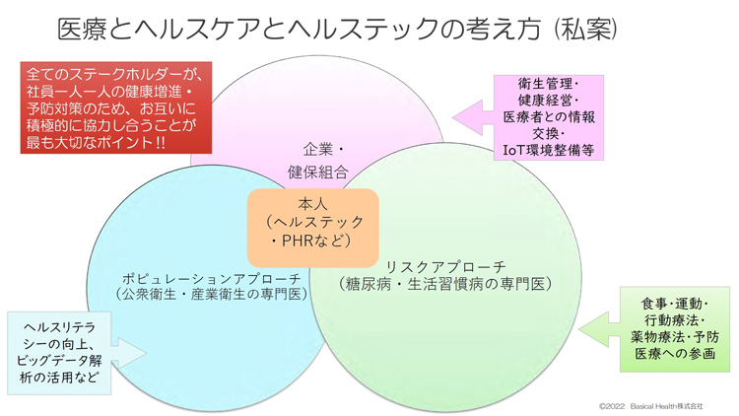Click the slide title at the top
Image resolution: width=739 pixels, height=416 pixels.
(x=337, y=30)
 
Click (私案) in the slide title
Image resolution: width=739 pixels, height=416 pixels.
(x=586, y=30)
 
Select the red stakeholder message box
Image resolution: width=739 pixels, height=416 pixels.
(x=116, y=108)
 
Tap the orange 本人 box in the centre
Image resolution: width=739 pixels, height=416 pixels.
(x=313, y=228)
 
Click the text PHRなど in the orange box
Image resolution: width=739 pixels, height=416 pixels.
(x=312, y=241)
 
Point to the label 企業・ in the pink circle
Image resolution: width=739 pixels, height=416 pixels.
(x=324, y=150)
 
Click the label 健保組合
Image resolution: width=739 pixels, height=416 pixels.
(x=318, y=172)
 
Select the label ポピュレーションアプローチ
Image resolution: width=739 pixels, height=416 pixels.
(x=211, y=278)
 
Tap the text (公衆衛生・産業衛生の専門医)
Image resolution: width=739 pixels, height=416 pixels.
(x=211, y=295)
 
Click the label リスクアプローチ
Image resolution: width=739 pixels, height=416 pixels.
(x=445, y=266)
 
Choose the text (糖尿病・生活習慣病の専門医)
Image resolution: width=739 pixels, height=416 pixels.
(x=445, y=284)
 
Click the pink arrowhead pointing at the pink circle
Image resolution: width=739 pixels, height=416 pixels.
(x=467, y=118)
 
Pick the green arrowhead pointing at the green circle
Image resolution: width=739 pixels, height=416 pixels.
(x=594, y=329)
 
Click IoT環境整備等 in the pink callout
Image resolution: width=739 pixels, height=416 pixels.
(x=549, y=150)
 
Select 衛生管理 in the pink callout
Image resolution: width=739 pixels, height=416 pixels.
(x=545, y=84)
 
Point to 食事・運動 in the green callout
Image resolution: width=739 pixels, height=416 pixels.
(x=672, y=304)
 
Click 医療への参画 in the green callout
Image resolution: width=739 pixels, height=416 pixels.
(x=675, y=353)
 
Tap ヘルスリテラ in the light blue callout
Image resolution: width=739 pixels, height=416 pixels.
(x=59, y=327)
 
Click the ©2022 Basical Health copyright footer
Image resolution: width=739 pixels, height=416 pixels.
(x=651, y=406)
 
